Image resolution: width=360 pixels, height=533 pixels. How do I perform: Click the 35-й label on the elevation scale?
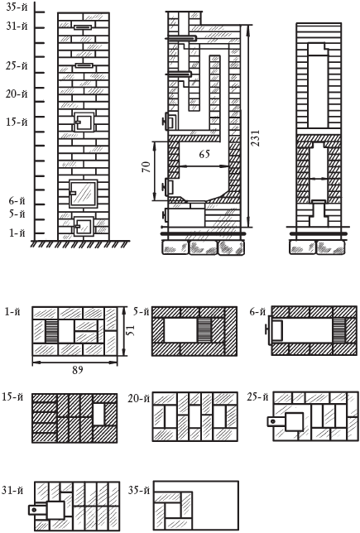click(16, 7)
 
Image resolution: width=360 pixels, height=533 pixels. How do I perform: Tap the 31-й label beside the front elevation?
click(17, 26)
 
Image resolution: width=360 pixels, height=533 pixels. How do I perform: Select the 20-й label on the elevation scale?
click(17, 94)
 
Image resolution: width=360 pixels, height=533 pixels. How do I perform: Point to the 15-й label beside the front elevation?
click(17, 122)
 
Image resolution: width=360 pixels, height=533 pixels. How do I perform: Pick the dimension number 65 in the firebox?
click(204, 154)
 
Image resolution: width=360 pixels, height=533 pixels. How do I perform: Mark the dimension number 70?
click(146, 167)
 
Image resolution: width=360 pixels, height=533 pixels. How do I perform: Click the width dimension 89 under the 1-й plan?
click(78, 370)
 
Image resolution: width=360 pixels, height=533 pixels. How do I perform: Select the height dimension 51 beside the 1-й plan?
click(132, 330)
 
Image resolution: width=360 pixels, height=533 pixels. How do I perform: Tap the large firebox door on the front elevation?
click(84, 194)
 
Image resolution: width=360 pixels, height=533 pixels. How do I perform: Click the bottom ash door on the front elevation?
click(84, 226)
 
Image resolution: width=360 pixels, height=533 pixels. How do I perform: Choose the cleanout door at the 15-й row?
click(84, 122)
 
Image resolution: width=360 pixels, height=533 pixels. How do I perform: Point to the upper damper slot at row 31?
click(83, 27)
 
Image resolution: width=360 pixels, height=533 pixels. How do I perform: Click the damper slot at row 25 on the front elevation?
click(84, 65)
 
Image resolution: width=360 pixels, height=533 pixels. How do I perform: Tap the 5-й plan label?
click(141, 311)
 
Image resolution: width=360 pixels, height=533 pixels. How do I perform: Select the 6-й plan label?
click(257, 311)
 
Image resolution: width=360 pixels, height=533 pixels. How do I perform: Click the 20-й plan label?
click(139, 398)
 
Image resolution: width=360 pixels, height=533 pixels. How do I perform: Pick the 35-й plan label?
click(139, 490)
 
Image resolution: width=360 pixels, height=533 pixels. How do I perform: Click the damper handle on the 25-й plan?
click(276, 421)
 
